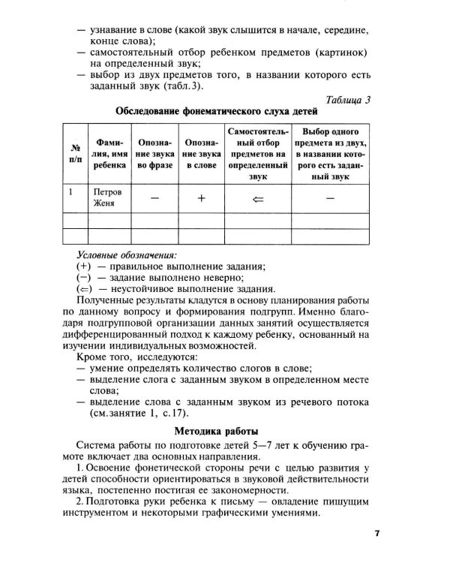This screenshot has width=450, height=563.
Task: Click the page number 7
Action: tap(378, 534)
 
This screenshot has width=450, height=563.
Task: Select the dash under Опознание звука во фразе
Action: tap(154, 198)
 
